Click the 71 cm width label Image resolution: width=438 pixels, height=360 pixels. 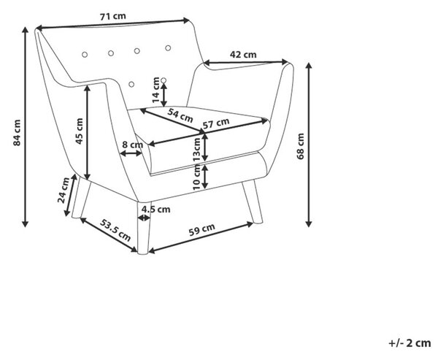113,16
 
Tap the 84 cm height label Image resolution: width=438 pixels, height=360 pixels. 17,132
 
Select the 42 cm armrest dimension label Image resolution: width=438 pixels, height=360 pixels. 243,55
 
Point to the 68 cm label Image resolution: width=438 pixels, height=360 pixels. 301,146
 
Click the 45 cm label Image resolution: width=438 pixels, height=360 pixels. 80,131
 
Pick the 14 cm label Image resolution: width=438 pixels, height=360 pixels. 155,90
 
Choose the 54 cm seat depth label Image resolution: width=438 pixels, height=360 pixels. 180,115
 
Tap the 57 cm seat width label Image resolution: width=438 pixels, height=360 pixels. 216,123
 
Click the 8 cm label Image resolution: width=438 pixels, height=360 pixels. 133,145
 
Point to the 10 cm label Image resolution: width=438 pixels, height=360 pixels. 197,177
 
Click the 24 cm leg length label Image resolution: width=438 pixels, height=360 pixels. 64,190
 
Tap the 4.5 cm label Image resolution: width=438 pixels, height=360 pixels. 156,209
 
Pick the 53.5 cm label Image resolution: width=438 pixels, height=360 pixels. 115,230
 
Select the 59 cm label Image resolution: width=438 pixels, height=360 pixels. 202,230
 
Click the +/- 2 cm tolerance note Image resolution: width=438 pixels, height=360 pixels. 410,342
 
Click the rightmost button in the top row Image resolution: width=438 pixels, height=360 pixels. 168,48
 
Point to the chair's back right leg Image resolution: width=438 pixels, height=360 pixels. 253,202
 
